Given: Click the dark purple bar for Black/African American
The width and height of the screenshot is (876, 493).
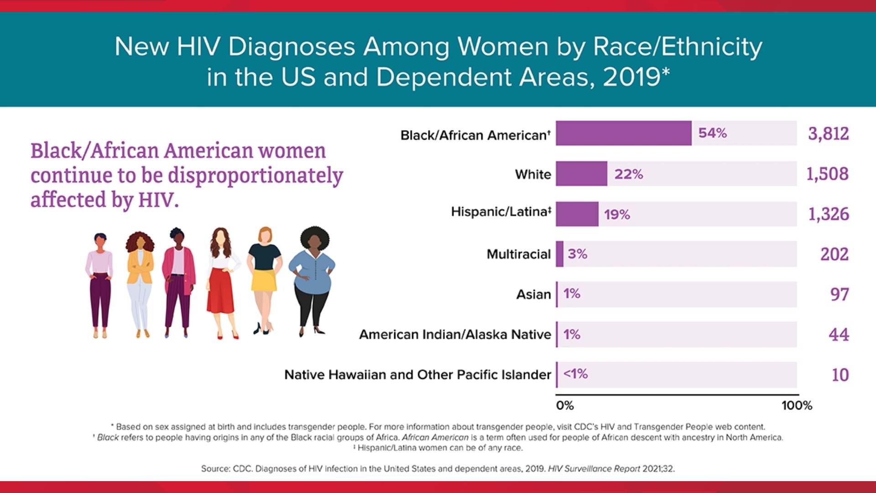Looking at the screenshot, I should (x=623, y=133).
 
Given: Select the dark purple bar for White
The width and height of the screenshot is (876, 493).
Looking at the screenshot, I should (x=581, y=173).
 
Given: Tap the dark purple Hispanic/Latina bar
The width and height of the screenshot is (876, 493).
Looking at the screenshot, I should (x=577, y=214).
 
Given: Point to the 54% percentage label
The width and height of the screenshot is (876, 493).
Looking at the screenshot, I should (x=712, y=133).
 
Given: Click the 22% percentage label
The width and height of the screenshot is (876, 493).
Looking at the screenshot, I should (x=628, y=174).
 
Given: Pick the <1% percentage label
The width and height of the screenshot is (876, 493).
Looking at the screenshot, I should (x=575, y=374).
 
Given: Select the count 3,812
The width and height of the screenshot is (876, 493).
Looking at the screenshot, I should (x=828, y=134).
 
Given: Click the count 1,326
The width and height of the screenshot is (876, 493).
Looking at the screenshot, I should (x=828, y=214).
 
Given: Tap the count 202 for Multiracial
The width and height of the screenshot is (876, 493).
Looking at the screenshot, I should (x=834, y=254).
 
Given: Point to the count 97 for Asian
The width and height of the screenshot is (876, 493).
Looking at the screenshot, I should (x=839, y=294).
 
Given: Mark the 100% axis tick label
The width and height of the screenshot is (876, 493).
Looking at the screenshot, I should (x=797, y=405).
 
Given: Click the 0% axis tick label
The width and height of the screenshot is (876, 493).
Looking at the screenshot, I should (x=565, y=405).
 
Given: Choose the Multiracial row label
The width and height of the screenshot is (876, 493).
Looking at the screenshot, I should (x=518, y=254).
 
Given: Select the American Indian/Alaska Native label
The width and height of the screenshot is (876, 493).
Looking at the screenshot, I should (x=455, y=335).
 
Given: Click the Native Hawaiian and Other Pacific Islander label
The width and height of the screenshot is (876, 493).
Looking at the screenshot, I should (x=417, y=375).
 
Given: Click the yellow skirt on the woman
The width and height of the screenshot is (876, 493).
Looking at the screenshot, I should (x=264, y=280).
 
